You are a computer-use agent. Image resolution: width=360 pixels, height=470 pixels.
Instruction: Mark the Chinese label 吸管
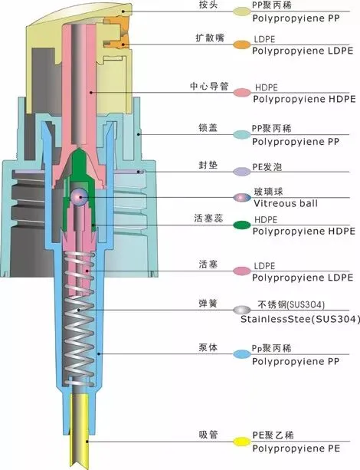(x=208, y=435)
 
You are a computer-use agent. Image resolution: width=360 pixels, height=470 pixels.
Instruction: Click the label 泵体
(x=208, y=348)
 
